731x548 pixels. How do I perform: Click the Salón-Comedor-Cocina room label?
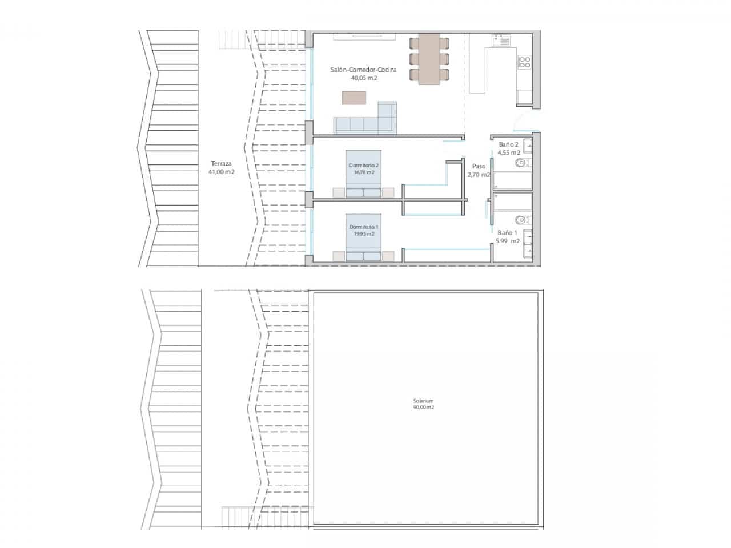point(363,70)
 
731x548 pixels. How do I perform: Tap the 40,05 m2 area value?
point(364,79)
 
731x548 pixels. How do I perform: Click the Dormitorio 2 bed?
point(363,174)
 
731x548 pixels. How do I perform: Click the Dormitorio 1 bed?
point(363,237)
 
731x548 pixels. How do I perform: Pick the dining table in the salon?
point(429,59)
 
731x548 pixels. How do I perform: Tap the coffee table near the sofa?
point(354,98)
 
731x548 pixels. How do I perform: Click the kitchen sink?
point(502,41)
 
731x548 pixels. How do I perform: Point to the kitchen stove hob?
point(524,62)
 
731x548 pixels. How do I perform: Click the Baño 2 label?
point(508,144)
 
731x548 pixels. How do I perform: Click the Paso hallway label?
point(479,167)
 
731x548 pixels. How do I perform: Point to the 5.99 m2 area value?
point(508,241)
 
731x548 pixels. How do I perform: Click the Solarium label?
point(424,401)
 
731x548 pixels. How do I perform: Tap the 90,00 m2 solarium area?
point(424,408)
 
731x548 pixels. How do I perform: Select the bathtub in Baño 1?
point(513,202)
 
